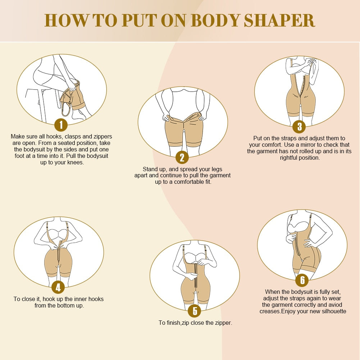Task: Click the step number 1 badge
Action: pyautogui.click(x=61, y=125)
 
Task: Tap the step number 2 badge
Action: pyautogui.click(x=182, y=157)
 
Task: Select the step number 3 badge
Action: pyautogui.click(x=299, y=126)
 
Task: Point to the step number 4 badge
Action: pyautogui.click(x=58, y=287)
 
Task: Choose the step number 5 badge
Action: pyautogui.click(x=195, y=311)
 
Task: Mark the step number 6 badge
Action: pyautogui.click(x=302, y=280)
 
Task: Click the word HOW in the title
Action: pyautogui.click(x=65, y=20)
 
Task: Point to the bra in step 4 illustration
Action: pyautogui.click(x=58, y=233)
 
